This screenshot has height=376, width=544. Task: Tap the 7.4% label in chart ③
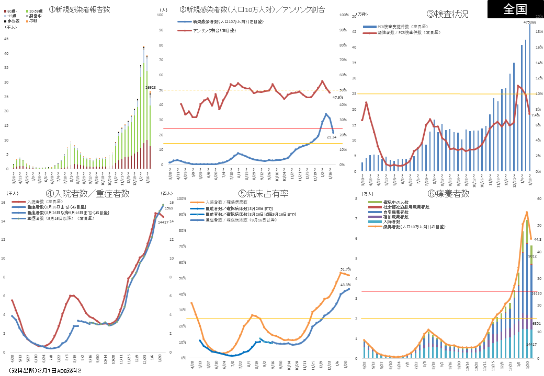coord(535,115)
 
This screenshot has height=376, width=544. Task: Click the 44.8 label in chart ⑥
coord(538,240)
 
